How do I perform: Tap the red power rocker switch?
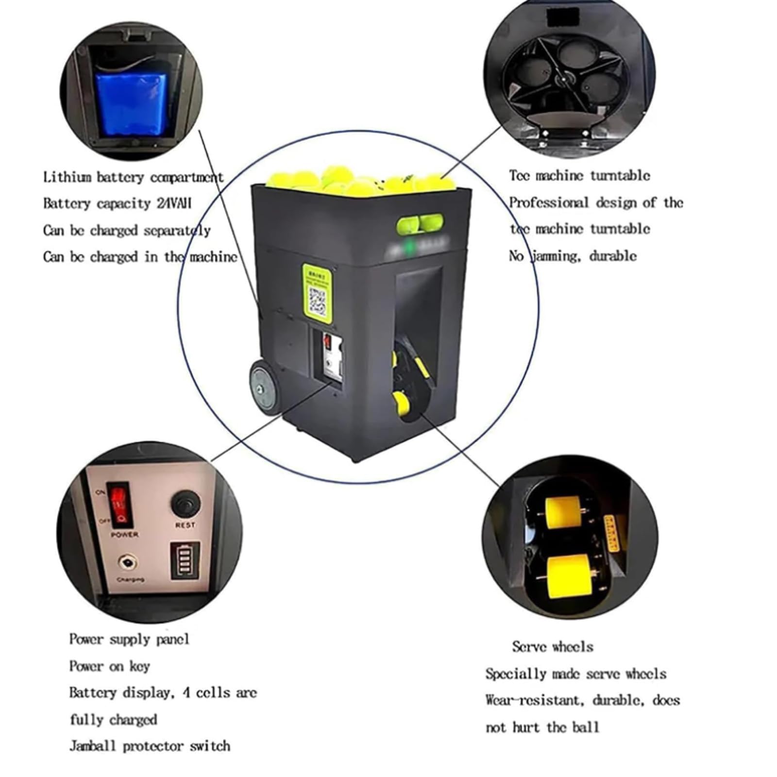coord(119,505)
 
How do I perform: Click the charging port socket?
coord(127,563)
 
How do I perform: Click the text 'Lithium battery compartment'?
coord(133,177)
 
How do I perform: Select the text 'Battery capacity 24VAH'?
coord(117,203)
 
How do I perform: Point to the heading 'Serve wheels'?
coord(552,647)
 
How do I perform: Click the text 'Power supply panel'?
coord(129,639)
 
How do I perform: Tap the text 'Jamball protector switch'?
coord(150,746)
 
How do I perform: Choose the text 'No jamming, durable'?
coord(573,256)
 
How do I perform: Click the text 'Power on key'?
coord(109,666)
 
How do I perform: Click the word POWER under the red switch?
coord(125,535)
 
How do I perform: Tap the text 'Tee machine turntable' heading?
coord(579,176)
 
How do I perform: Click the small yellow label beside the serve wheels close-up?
coord(610,533)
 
